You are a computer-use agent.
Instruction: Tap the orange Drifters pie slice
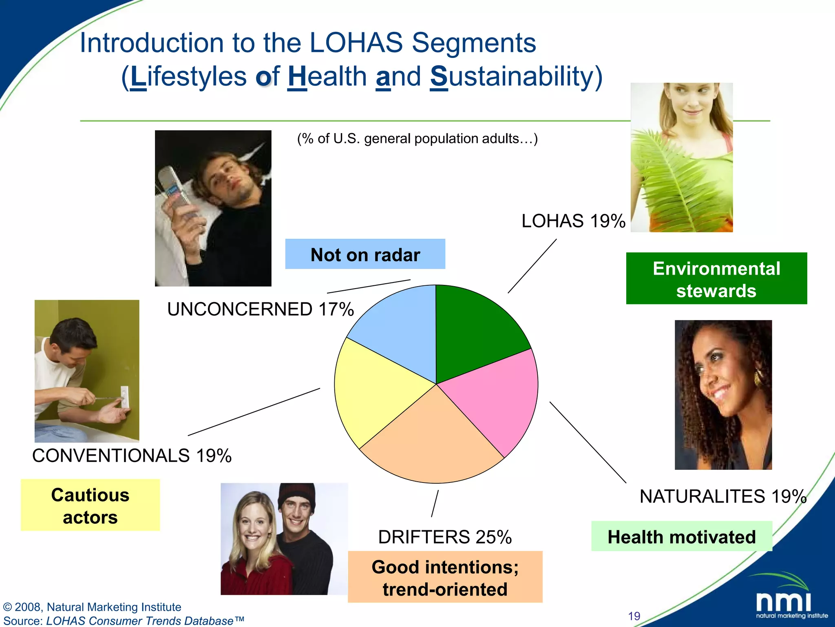(432, 445)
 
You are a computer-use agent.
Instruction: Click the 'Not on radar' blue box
(365, 254)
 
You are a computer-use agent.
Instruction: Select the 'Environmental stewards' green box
(716, 278)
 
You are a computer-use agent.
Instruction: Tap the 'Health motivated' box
(681, 536)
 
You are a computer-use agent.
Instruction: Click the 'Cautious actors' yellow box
(90, 505)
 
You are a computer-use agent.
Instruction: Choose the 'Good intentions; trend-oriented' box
(445, 577)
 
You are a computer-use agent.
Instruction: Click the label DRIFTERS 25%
(445, 537)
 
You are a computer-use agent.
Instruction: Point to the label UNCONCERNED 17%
(260, 309)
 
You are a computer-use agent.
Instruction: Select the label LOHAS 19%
(573, 221)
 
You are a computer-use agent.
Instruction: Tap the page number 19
(634, 616)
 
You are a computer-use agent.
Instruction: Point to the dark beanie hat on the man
(297, 496)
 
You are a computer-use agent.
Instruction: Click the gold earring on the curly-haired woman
(759, 377)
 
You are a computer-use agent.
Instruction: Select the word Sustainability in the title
(516, 76)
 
